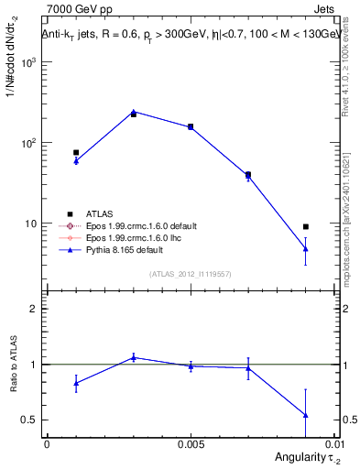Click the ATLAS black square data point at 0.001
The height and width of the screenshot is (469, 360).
tap(76, 152)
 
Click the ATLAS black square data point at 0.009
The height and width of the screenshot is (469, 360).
tap(306, 226)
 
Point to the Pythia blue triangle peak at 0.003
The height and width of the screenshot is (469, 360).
tap(134, 112)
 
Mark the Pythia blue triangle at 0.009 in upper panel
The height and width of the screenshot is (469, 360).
tap(306, 248)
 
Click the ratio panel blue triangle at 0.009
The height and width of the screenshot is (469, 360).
tap(306, 415)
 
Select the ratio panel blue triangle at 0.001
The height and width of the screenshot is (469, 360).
tap(76, 383)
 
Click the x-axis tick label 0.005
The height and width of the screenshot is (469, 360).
tap(191, 442)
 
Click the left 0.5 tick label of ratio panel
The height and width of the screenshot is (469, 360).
tap(29, 420)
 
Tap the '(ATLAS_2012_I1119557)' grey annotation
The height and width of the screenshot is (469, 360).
tap(190, 274)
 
